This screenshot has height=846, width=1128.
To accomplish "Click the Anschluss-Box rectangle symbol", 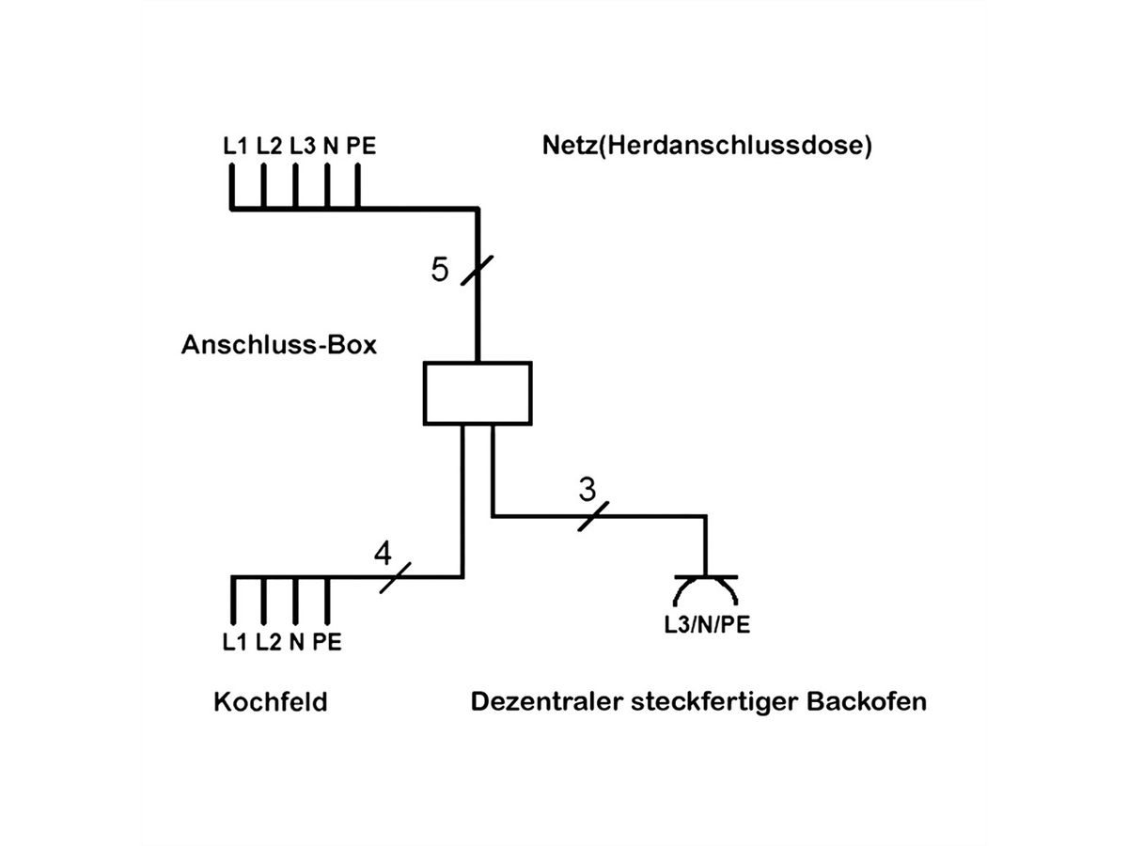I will [x=478, y=393].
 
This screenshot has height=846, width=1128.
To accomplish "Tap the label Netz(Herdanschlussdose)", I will [x=707, y=147].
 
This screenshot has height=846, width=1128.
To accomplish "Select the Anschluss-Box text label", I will [x=278, y=345].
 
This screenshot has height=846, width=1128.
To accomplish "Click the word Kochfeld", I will [x=271, y=702].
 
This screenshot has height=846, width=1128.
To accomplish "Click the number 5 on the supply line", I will [x=440, y=270].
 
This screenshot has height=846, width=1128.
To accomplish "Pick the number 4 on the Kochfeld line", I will [x=383, y=554].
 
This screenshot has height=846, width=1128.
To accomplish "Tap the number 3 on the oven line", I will [x=587, y=490].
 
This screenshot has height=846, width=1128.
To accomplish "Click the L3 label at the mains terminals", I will [x=302, y=147].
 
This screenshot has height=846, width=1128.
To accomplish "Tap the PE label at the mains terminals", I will [x=361, y=147].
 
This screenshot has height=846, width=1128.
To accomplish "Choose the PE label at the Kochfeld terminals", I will [x=327, y=643].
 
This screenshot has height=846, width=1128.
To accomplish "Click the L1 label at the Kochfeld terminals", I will [x=236, y=643].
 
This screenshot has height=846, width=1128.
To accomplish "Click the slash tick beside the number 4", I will [x=396, y=577].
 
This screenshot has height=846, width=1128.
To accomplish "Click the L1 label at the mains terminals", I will [x=236, y=147].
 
